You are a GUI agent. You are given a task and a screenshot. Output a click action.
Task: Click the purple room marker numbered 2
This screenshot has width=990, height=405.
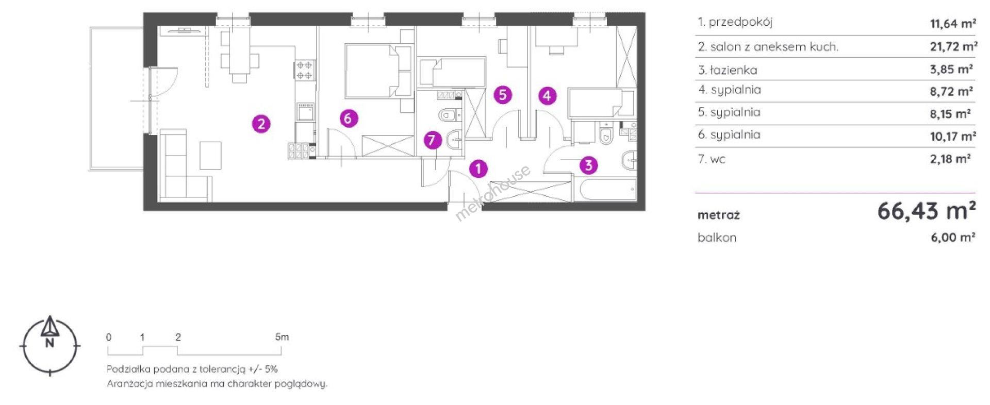click(x=261, y=124)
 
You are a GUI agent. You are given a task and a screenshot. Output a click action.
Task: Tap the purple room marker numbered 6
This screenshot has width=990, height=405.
click(x=349, y=119)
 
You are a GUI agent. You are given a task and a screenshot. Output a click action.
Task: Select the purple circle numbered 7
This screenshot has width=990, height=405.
click(x=432, y=140)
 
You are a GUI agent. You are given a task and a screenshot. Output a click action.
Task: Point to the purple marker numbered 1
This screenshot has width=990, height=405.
click(x=478, y=168)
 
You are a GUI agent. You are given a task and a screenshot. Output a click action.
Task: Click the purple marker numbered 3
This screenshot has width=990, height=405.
click(x=588, y=165)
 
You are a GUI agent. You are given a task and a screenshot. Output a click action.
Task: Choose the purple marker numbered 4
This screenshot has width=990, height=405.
click(x=547, y=95)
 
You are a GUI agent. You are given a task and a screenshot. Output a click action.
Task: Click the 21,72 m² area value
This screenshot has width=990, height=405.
click(x=954, y=47)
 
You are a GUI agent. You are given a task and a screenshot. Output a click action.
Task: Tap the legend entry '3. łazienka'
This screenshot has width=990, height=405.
click(x=728, y=70)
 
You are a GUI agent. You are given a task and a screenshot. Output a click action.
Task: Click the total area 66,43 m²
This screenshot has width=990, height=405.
click(x=926, y=211)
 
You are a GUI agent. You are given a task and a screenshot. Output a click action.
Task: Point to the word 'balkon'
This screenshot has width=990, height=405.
click(x=717, y=238)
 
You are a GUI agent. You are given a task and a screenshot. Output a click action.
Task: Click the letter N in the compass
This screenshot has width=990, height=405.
click(x=49, y=344)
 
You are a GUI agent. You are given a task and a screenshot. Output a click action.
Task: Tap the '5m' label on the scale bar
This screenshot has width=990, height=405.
click(x=282, y=337)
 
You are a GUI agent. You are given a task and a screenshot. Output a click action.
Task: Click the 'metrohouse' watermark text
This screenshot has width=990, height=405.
click(x=492, y=193)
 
